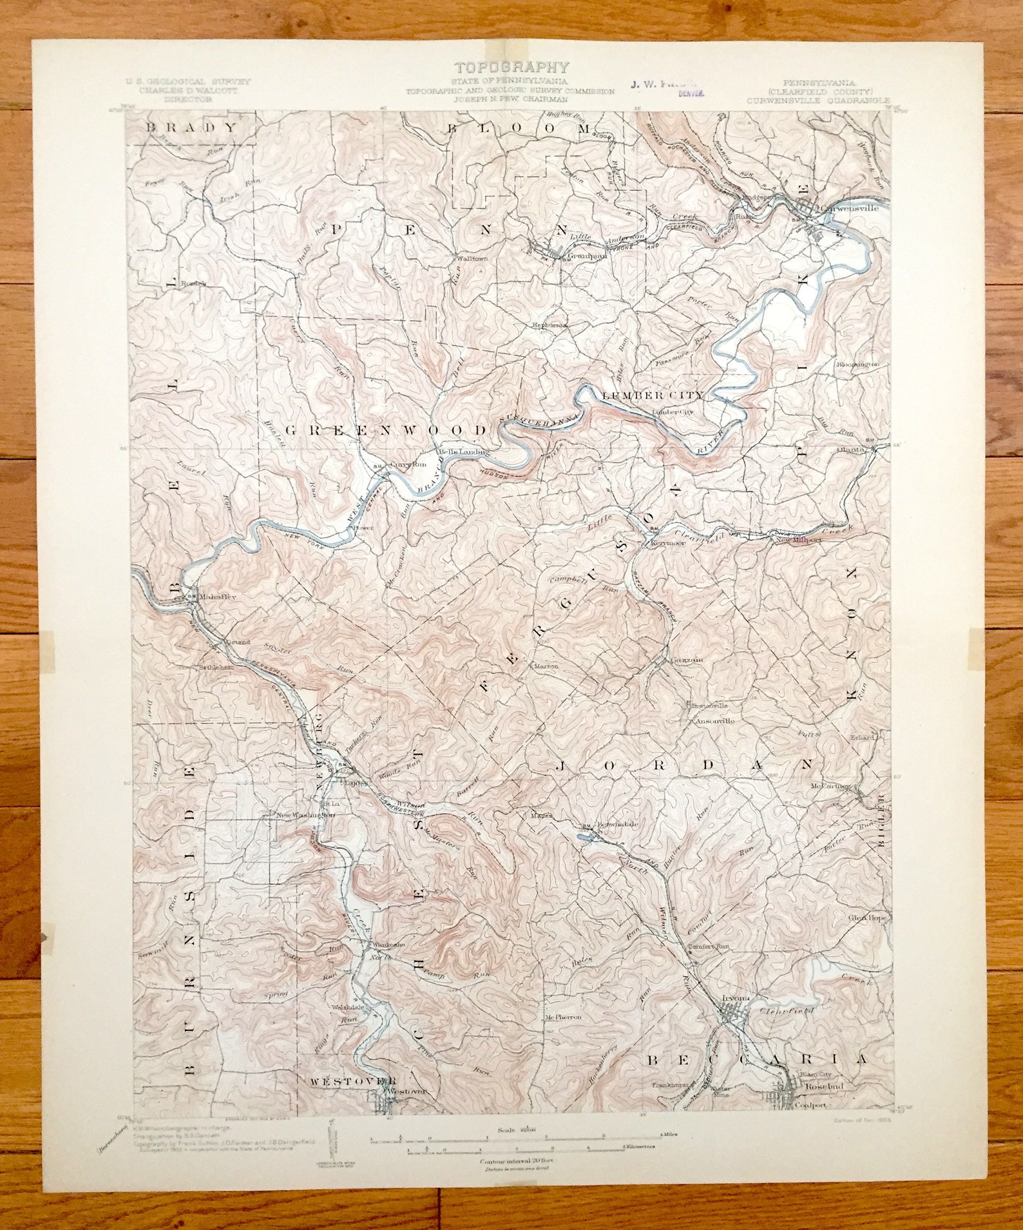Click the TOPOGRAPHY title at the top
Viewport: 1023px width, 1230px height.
tap(511, 67)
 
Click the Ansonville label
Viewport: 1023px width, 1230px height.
tap(714, 722)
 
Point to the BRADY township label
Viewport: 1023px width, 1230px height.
tap(191, 127)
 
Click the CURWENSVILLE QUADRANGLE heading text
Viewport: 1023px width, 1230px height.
tap(818, 101)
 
